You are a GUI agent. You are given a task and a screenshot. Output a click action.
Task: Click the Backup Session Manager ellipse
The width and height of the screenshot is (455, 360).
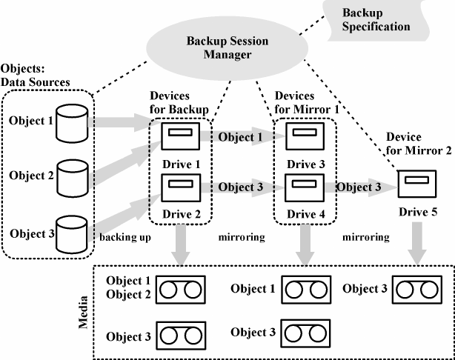coord(225,50)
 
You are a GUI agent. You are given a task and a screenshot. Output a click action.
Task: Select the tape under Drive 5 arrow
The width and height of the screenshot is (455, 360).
coord(413,290)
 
